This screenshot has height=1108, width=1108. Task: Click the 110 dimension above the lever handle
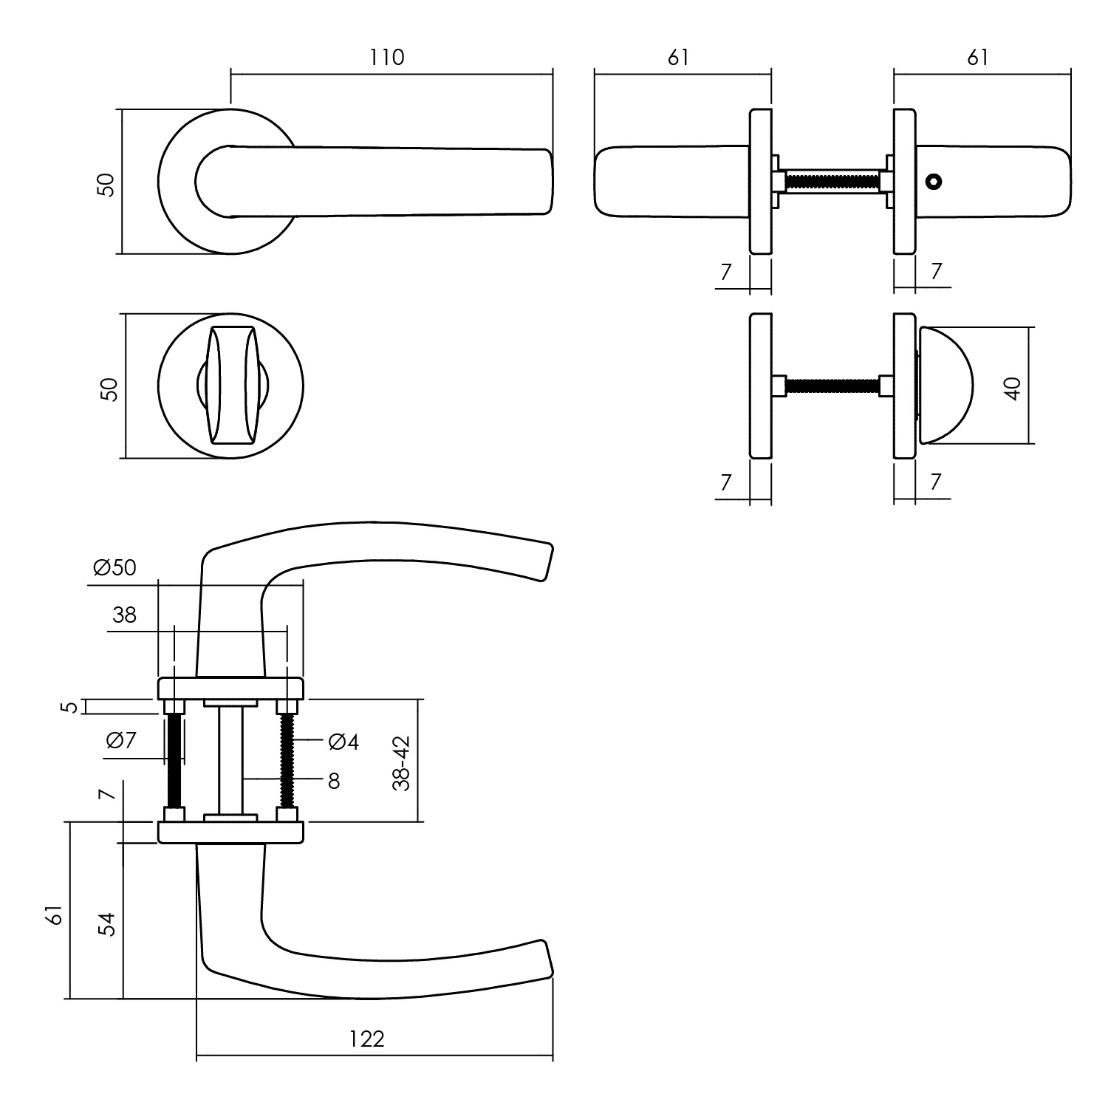pos(388,57)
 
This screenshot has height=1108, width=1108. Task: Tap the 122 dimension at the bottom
pos(367,1039)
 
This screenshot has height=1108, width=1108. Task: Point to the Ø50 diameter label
pos(114,567)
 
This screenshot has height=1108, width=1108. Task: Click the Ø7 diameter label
pos(121,739)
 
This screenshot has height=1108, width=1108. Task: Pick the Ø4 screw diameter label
pos(343,742)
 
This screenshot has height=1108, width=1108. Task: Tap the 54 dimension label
pos(108,924)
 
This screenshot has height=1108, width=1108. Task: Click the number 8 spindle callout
pos(334,781)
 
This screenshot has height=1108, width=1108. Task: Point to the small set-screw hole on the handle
pos(934,182)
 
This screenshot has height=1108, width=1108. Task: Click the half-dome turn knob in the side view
pos(945,385)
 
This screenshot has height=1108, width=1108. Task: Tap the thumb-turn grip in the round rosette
pos(233,385)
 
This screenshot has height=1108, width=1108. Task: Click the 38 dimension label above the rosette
pos(125,615)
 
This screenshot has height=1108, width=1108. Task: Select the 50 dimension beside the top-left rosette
pos(107,184)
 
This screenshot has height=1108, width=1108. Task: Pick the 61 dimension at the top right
pos(977,57)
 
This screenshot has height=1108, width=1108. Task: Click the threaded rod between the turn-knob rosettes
pos(832,385)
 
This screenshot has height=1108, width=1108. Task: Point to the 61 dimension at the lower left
pos(53,916)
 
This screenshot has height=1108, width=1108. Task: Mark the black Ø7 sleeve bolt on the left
pos(174,761)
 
